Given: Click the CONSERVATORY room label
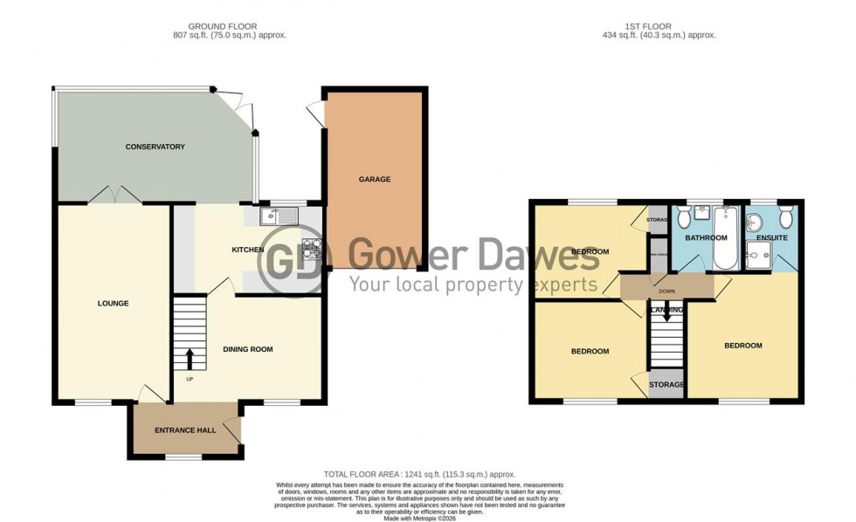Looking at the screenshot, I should coord(155,147).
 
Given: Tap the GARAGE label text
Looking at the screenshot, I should coord(374,179).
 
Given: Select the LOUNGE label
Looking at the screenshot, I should coord(113,304).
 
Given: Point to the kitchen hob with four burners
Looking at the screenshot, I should coord(311,249).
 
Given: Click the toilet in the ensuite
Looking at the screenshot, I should coord(785,215).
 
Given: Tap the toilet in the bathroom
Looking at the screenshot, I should coord(680,216).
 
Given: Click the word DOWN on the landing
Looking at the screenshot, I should coord(666,292).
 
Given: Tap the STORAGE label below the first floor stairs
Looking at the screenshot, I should coord(666,384).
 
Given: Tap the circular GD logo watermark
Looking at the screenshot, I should coord(297,259).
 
